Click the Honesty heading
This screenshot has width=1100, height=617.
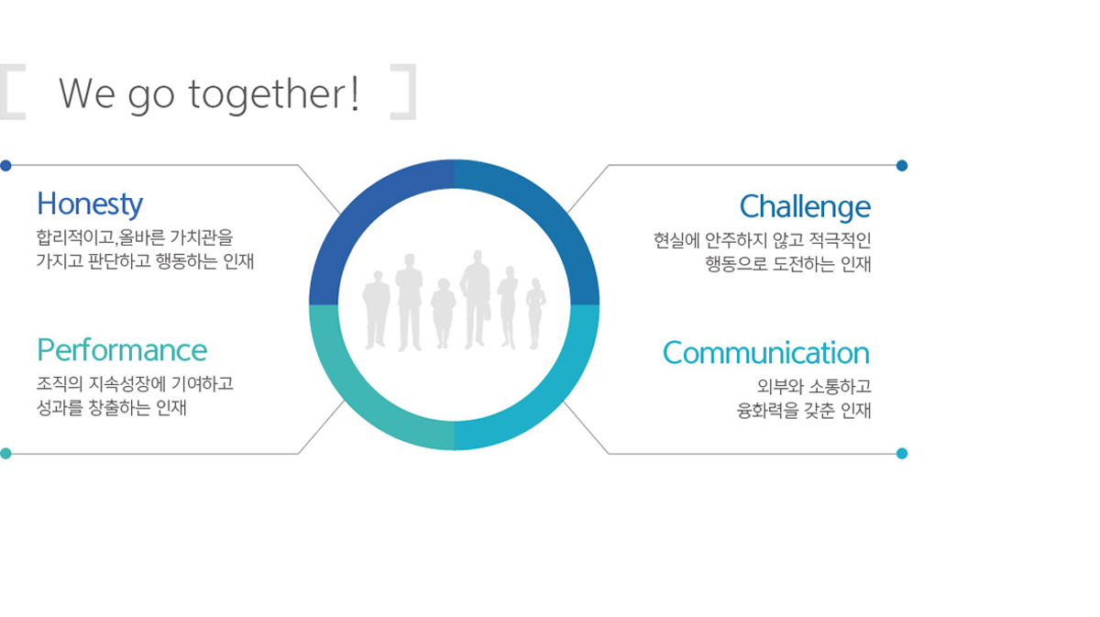click(x=90, y=204)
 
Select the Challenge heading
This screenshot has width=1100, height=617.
click(x=806, y=207)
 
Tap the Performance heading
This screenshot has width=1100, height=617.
click(x=122, y=350)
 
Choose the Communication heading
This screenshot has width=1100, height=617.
click(x=766, y=353)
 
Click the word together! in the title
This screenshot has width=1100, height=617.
click(x=274, y=94)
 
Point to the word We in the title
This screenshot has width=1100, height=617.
click(x=87, y=94)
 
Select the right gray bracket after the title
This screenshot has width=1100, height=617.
click(x=403, y=92)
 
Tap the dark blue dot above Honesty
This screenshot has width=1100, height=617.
click(x=5, y=166)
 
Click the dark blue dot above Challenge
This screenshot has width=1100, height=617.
click(x=902, y=166)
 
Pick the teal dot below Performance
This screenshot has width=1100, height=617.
click(x=5, y=454)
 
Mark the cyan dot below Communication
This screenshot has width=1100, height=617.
click(x=902, y=454)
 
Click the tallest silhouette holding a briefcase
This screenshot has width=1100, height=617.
click(x=476, y=300)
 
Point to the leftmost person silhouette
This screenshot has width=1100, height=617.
click(x=376, y=310)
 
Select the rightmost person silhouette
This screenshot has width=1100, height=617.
click(x=535, y=314)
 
